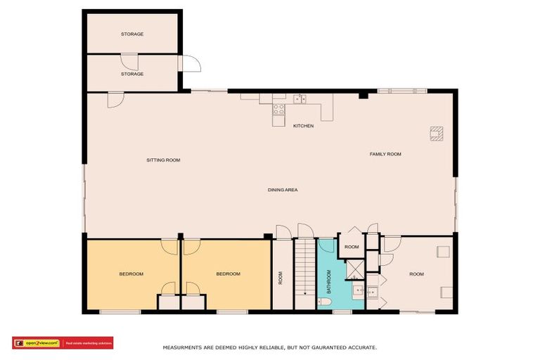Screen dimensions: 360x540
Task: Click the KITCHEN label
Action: [303, 126]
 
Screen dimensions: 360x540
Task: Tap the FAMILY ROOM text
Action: [385, 153]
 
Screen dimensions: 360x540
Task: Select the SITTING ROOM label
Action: [163, 160]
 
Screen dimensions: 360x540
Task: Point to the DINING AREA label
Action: [283, 190]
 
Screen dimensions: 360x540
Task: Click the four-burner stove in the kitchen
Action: [278, 109]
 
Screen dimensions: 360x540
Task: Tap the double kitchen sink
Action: [300, 99]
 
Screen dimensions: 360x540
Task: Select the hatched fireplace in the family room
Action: [437, 132]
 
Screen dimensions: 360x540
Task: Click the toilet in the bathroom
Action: [325, 302]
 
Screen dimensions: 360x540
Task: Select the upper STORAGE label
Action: [132, 34]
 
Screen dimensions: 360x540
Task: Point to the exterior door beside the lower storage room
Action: [191, 63]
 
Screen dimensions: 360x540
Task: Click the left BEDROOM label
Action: [131, 274]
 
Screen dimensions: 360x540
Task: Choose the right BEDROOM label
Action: [228, 274]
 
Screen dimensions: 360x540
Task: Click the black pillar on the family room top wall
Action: [363, 94]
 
